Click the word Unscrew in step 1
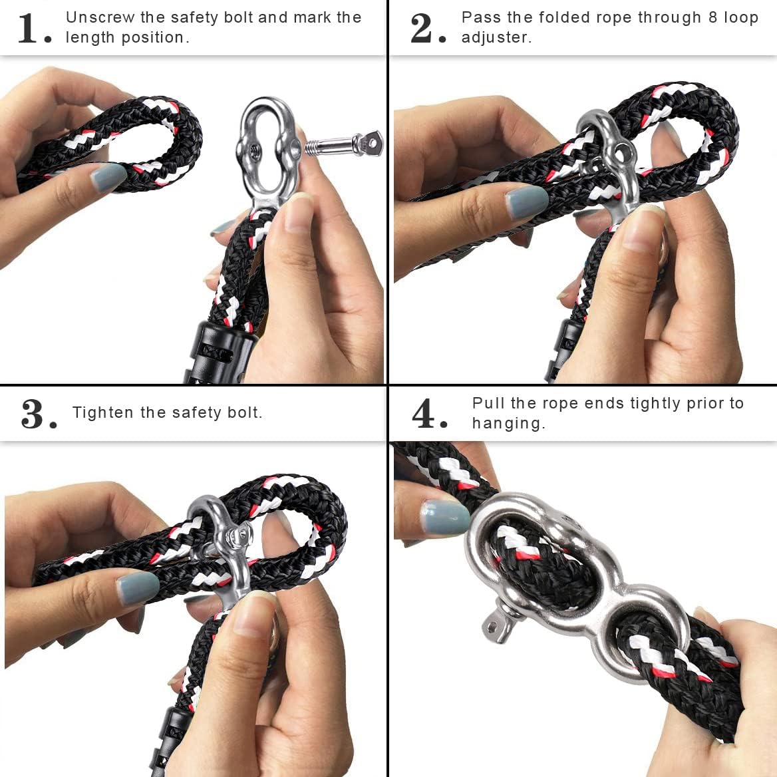(100, 17)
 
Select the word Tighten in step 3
(103, 412)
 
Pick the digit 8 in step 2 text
(712, 17)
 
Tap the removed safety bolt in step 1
(344, 144)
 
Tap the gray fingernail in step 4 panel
(444, 517)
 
